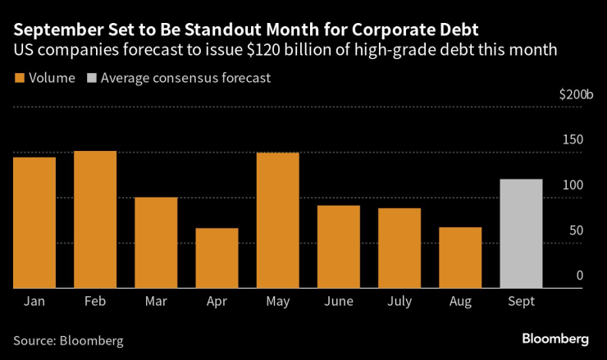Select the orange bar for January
pos(34,222)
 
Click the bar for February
pos(95,219)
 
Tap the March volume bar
pos(156,243)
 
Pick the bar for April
pos(217,257)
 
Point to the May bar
pos(277,220)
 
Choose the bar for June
pos(338,246)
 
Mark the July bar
pos(399,248)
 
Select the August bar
pos(460,257)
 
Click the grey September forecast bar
pos(521,234)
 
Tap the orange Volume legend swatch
pos(19,79)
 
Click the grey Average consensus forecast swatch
pos(92,79)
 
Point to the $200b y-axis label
pos(576,95)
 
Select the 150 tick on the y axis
pos(573,139)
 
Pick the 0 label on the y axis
pos(579,276)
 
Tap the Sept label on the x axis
pos(521,302)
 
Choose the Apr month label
pos(217,302)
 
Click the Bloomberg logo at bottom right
pos(555,339)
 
